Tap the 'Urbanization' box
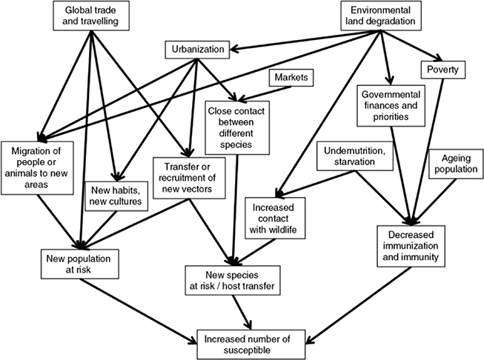(196, 51)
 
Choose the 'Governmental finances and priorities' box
(391, 106)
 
